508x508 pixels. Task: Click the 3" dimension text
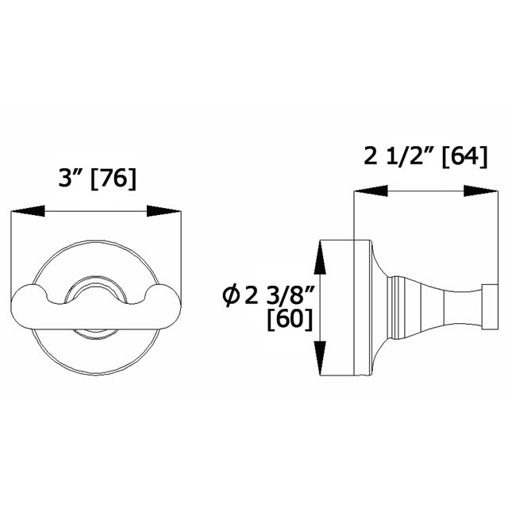click(74, 179)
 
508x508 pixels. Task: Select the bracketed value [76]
click(114, 179)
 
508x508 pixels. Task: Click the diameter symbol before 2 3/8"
click(232, 297)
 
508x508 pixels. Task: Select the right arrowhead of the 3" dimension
click(165, 211)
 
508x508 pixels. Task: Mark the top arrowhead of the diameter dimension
click(321, 256)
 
